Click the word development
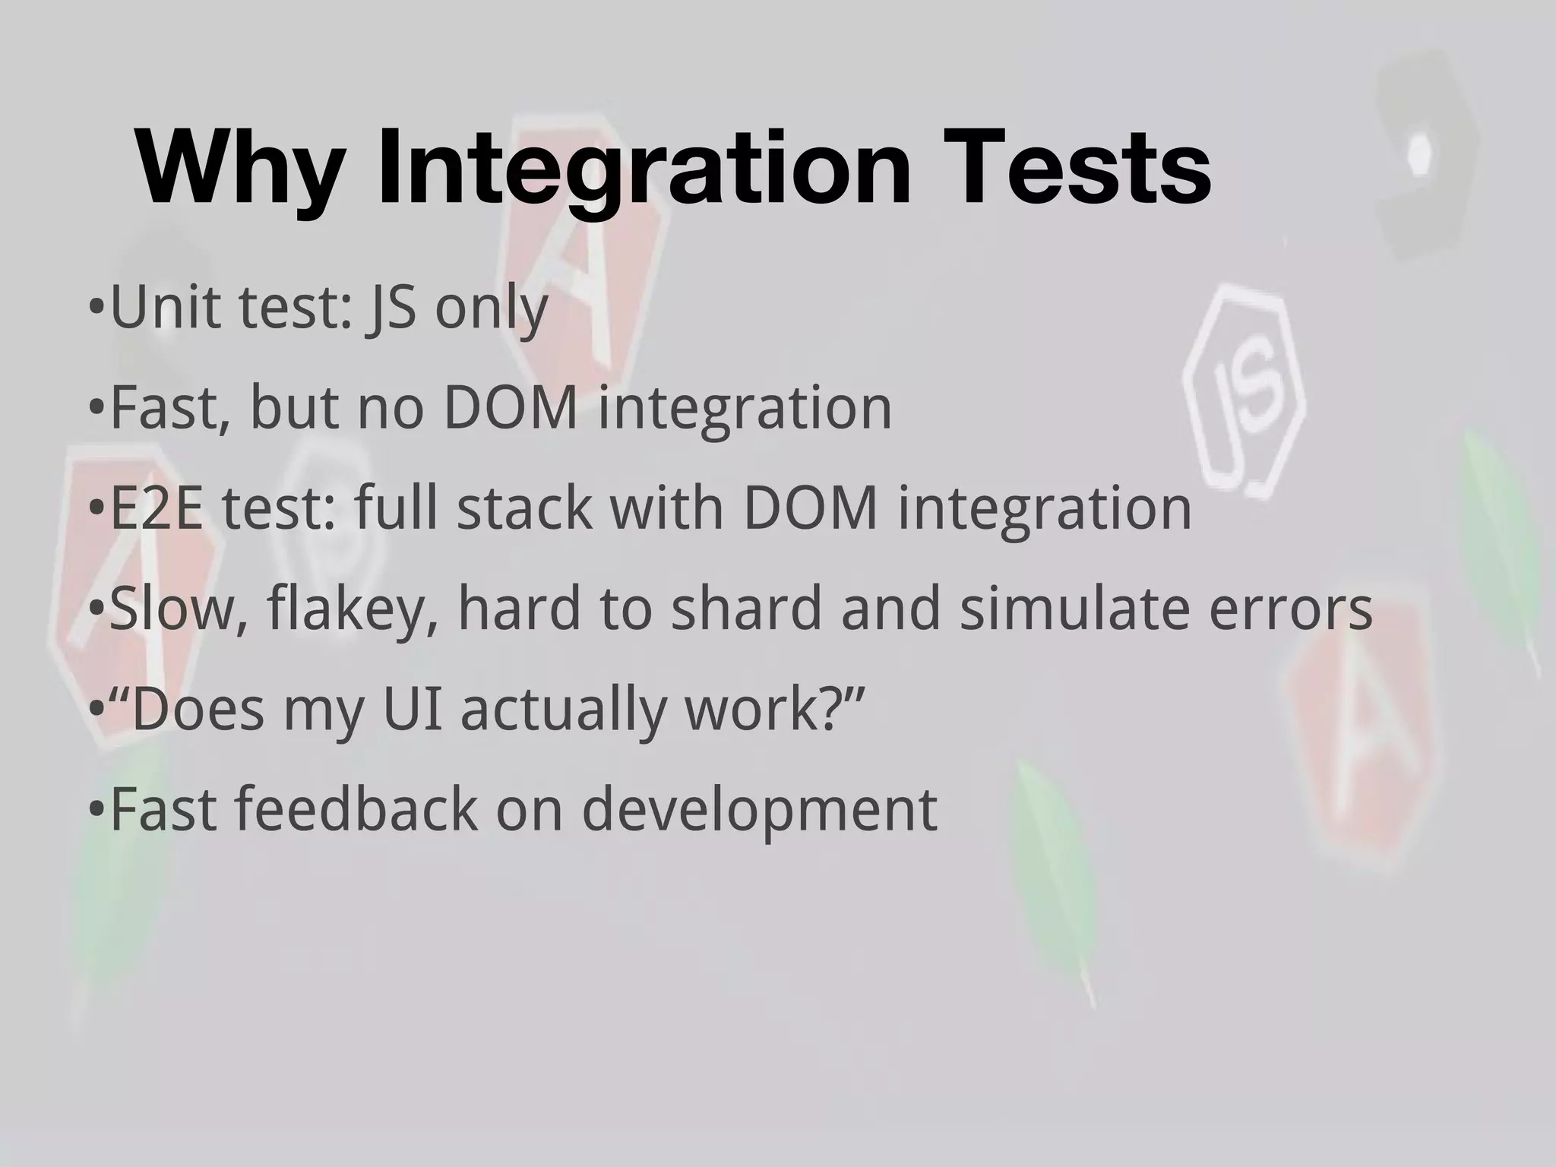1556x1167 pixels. point(759,811)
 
